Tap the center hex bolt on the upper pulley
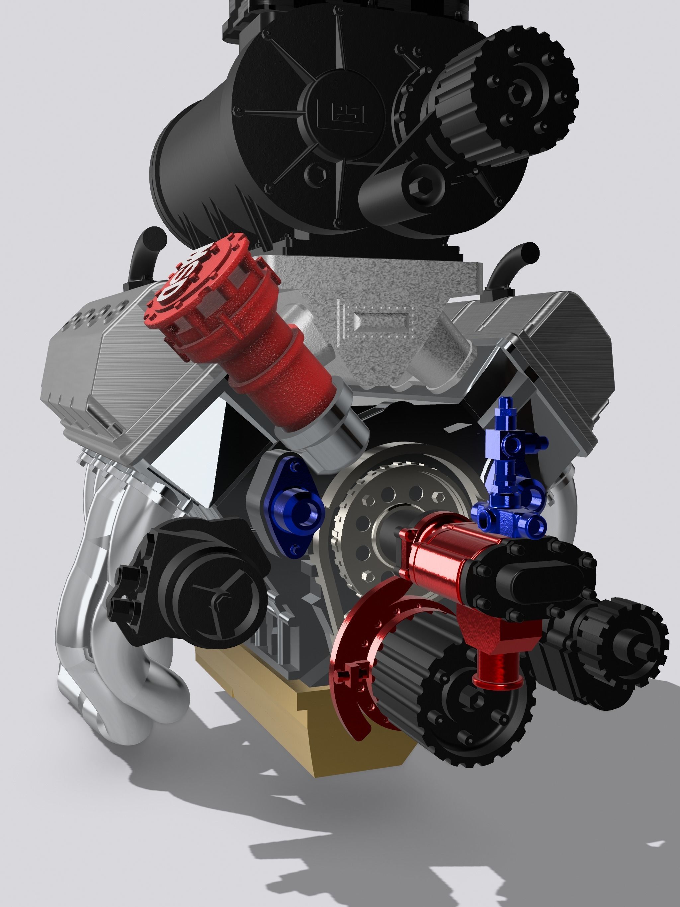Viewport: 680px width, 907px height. tap(518, 92)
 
